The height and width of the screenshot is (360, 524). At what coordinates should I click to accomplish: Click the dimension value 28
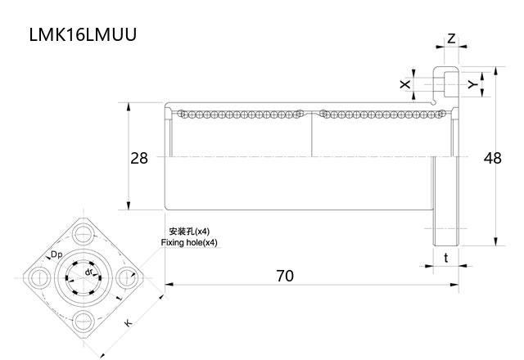click(139, 158)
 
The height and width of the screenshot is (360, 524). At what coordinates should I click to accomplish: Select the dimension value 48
click(492, 158)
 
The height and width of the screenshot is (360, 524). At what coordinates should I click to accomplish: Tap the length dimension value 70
click(284, 276)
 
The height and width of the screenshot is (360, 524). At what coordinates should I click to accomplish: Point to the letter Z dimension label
click(451, 38)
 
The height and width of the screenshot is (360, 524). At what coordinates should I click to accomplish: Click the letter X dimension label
click(404, 84)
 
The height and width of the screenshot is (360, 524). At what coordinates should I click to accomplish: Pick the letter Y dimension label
click(472, 84)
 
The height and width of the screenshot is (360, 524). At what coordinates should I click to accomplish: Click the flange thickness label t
click(445, 258)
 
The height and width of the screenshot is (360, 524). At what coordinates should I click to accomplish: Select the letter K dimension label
click(128, 324)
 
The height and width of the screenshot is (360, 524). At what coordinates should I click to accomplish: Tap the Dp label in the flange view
click(56, 255)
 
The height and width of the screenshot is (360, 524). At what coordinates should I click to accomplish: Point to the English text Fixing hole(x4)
click(189, 243)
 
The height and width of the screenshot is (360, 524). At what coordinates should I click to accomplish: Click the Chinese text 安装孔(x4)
click(188, 232)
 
